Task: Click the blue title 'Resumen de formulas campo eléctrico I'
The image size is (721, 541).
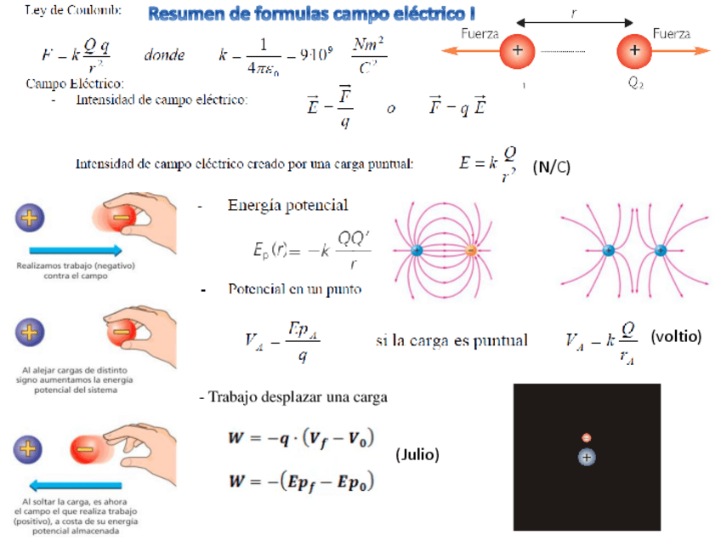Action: tap(311, 14)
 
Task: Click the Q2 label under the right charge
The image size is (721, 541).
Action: tap(636, 84)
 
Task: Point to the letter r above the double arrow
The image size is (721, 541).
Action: tap(575, 9)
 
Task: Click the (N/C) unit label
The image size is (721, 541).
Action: tap(552, 168)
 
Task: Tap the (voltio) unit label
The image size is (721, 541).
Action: tap(676, 336)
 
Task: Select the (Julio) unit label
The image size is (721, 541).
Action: tap(417, 455)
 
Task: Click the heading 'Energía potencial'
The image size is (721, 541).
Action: tap(287, 206)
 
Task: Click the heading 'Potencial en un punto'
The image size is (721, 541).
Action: tap(295, 289)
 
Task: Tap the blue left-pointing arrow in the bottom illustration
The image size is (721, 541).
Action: tap(77, 486)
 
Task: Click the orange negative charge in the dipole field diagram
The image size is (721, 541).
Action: tap(472, 251)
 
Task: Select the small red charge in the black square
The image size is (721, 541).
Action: tap(586, 437)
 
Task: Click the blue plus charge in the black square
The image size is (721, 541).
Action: tap(586, 457)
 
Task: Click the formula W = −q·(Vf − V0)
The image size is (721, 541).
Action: tap(301, 439)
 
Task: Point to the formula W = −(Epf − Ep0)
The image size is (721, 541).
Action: tap(301, 481)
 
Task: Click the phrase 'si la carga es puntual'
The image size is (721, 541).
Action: tap(451, 340)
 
